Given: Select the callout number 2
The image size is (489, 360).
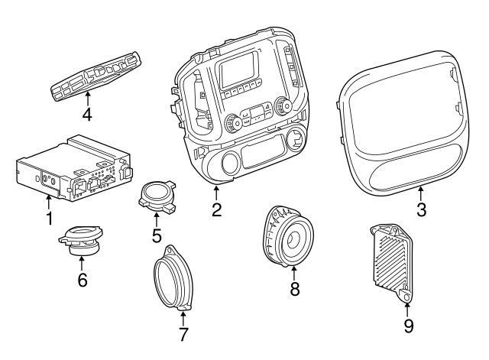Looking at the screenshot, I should coord(217,209).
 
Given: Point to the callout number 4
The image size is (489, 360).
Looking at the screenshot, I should coord(87,115).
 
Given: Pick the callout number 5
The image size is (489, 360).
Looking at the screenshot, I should coord(157,235).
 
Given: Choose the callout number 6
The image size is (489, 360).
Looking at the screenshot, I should coord(82,280).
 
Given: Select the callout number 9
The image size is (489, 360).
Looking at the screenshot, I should coord(408,327).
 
